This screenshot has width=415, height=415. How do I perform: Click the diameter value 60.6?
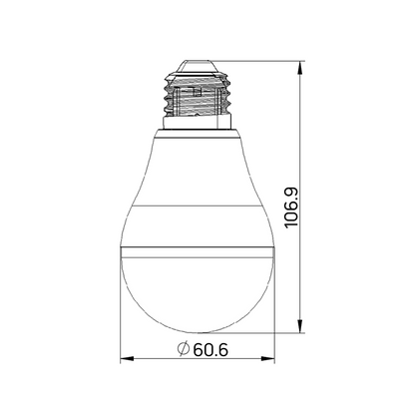coord(206,350)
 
